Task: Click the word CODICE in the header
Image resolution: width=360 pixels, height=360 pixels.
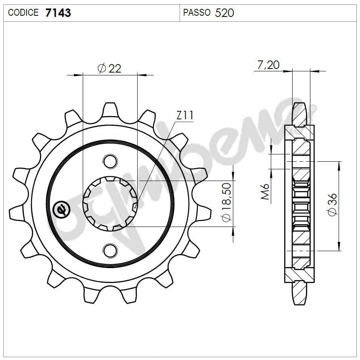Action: [x=23, y=13]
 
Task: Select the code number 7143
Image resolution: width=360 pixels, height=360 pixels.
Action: [x=58, y=13]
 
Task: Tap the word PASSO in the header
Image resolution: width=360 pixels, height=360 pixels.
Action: [x=197, y=13]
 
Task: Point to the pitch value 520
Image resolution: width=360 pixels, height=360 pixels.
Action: [x=224, y=13]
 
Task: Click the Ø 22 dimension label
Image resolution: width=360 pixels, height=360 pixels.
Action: [x=109, y=68]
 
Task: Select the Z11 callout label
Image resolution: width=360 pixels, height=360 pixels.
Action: [x=185, y=116]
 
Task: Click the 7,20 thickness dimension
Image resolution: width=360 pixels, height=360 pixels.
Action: [x=268, y=65]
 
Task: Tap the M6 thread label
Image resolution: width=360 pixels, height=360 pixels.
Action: [x=265, y=192]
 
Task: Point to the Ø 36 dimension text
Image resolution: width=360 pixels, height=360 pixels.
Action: [x=333, y=205]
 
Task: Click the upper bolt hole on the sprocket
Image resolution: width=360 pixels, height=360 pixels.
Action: [x=109, y=161]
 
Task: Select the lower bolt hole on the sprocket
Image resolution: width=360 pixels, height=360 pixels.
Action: [x=109, y=250]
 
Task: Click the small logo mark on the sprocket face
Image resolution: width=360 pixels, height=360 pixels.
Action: [x=62, y=209]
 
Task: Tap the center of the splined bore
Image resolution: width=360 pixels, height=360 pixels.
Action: [x=110, y=204]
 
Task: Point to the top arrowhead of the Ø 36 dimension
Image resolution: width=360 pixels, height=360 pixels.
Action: [x=338, y=164]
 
